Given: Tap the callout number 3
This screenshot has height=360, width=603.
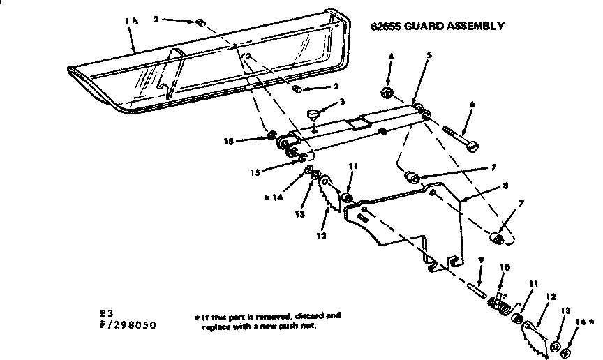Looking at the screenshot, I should point(343,102).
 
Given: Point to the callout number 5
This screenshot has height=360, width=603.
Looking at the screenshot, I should point(429,55).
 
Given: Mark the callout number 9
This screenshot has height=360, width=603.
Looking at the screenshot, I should point(480,259).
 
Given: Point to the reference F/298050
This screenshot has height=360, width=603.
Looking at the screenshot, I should point(128,325).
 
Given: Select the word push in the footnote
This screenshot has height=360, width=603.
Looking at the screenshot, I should point(279,326).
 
